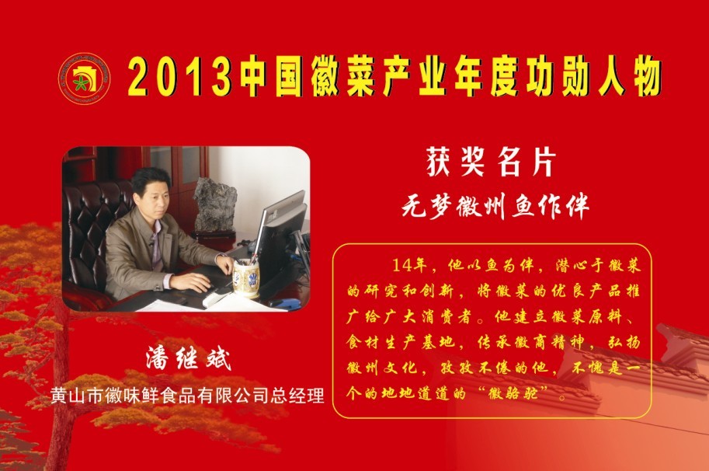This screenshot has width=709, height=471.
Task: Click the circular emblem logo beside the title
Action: point(84,78)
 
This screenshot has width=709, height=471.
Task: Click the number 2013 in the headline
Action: point(180,77)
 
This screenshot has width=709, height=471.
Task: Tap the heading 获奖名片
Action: point(492,162)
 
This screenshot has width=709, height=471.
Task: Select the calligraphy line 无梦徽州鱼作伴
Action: point(495,207)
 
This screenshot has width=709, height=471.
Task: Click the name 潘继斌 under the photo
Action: point(189,359)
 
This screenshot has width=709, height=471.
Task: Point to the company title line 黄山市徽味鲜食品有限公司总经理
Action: point(187,396)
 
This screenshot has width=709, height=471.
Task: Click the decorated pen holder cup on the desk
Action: point(246,278)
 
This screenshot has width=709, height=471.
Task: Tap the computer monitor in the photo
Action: point(280,236)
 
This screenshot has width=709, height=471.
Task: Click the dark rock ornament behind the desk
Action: point(215,204)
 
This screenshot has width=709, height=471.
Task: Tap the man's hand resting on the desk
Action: point(191,282)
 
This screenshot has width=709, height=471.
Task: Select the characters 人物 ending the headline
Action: point(631,77)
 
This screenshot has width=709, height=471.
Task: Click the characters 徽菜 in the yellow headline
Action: point(342,77)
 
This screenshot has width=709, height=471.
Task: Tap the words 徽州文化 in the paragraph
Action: point(381,368)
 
